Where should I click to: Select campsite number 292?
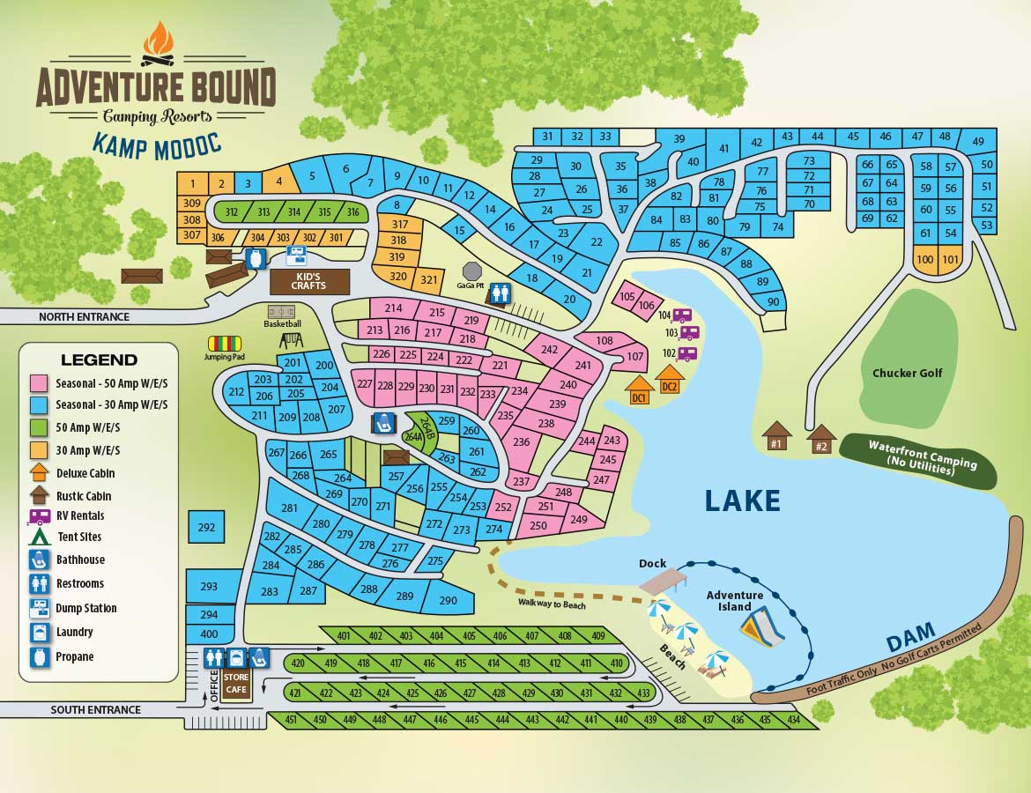207,528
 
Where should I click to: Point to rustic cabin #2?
821,437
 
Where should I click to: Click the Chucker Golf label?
907,373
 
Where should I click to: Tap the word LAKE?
742,500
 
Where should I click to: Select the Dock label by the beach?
653,564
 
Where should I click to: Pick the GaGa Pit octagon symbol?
472,271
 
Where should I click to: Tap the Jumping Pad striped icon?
225,343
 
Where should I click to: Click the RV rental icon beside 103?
690,333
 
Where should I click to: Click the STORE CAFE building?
236,684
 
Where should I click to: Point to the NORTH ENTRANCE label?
84,317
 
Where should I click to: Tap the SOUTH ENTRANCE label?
95,709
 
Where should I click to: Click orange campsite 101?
950,259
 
